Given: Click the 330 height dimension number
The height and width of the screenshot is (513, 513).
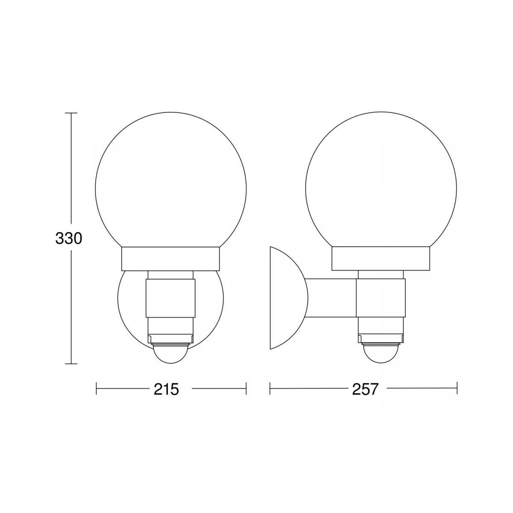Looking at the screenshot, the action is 69,238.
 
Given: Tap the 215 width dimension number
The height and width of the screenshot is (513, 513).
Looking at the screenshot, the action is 166,389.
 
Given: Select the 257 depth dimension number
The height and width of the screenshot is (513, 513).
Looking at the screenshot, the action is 365,389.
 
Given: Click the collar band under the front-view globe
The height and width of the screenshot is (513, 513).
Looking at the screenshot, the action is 171,259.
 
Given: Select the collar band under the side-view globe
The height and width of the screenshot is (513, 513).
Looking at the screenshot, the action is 381,259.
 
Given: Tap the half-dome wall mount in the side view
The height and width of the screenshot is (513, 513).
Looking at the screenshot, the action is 289,298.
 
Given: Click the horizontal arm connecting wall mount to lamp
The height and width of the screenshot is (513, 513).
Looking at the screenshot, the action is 332,298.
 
